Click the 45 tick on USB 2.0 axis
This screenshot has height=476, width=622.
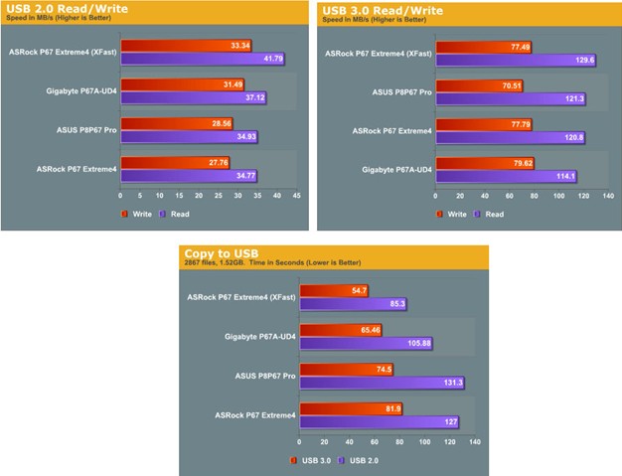[296, 196]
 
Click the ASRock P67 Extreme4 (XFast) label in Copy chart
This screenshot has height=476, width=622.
[241, 296]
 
